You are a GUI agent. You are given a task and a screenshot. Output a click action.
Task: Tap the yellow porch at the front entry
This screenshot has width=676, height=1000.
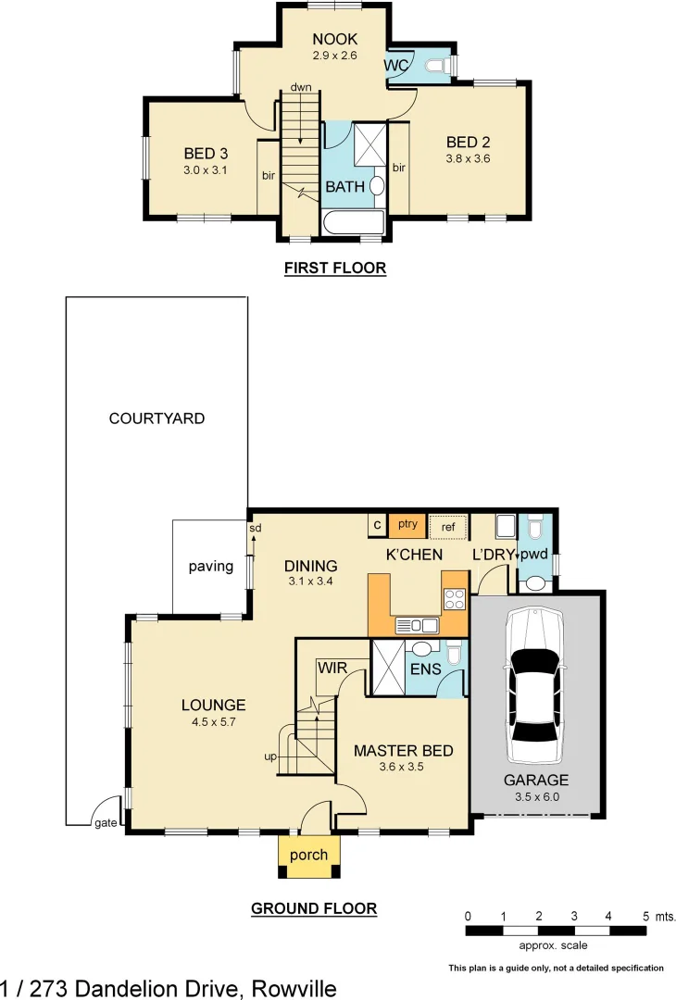(x=309, y=856)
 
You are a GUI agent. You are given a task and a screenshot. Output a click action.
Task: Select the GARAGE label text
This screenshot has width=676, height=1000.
(x=536, y=780)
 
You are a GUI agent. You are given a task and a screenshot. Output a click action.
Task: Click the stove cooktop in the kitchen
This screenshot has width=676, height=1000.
(x=454, y=599)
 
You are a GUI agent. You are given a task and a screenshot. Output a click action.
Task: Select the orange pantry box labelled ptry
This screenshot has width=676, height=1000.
(x=407, y=524)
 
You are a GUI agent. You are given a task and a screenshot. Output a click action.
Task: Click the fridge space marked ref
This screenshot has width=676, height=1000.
(x=448, y=526)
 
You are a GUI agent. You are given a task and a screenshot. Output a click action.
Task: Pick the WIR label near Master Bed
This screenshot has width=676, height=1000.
(x=332, y=668)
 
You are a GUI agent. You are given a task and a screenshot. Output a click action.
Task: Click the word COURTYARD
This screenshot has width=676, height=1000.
(x=156, y=419)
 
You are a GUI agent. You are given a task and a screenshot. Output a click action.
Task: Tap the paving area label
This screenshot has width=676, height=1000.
(x=211, y=567)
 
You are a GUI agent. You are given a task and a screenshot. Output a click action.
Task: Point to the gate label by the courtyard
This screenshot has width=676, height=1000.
(x=104, y=821)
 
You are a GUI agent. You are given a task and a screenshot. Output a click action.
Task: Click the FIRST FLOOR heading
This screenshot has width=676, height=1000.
(x=334, y=269)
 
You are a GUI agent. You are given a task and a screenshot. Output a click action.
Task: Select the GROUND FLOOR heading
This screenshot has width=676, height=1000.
(x=314, y=908)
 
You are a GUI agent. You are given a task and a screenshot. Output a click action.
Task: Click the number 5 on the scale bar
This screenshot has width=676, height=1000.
(x=645, y=916)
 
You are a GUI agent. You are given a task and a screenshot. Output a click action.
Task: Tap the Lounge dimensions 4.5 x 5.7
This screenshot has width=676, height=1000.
(x=213, y=721)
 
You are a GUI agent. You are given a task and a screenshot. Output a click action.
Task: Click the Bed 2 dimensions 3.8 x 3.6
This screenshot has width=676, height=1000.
(x=468, y=158)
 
